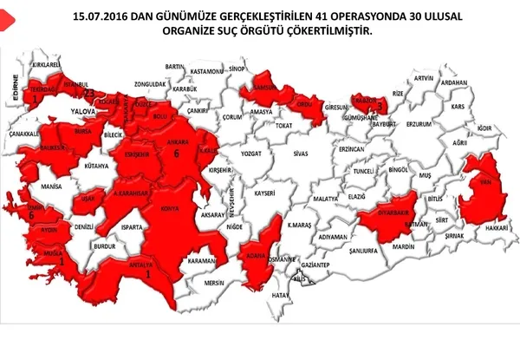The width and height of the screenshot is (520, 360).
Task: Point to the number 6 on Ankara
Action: (x=176, y=154)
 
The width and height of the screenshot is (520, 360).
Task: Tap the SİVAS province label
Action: (x=301, y=153)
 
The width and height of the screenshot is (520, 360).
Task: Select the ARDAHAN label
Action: (x=454, y=83)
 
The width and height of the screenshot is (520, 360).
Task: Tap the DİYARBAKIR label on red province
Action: (x=384, y=210)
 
